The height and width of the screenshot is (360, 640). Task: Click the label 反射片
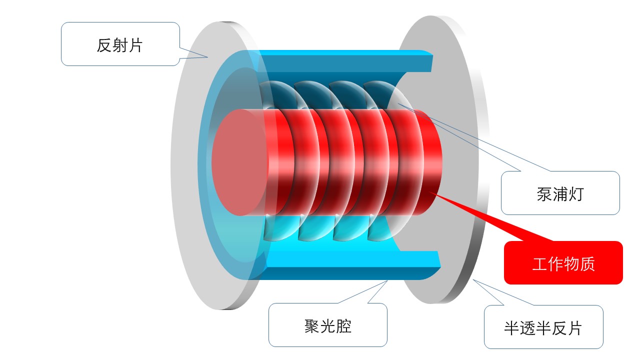120,45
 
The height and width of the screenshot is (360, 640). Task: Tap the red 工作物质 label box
563,263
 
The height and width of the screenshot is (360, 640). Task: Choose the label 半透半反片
543,328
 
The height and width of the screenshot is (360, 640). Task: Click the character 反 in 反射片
104,45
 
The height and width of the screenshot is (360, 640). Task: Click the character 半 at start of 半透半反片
511,328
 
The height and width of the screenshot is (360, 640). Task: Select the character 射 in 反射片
120,45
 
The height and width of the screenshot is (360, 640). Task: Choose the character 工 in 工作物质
540,263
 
